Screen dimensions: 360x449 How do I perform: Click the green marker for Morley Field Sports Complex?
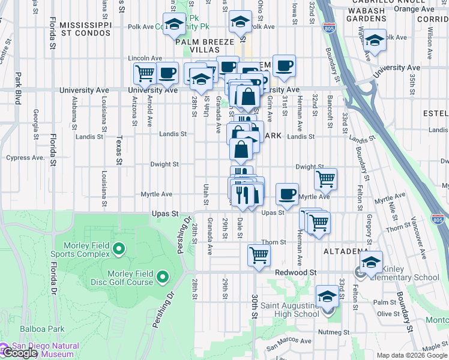coord(119,248)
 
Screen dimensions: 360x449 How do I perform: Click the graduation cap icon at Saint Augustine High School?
coord(327,296)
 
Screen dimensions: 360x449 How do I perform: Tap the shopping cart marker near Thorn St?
coord(259,255)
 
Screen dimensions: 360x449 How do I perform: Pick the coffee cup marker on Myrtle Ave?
coord(287,194)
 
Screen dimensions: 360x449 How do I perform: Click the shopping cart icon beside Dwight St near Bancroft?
coord(325,178)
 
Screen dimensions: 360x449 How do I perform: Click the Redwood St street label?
coord(295,272)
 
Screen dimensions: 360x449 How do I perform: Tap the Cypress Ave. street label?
coord(25,158)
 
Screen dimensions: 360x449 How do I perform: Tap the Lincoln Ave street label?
coord(145,58)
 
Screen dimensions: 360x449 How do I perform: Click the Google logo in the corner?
coord(20,353)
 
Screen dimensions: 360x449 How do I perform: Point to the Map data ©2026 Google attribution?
coord(411,355)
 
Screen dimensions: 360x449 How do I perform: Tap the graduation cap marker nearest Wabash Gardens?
coord(375,41)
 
